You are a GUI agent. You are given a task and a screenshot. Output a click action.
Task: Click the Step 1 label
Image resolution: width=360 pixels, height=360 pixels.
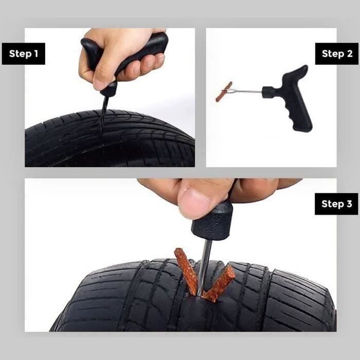(x=24, y=53)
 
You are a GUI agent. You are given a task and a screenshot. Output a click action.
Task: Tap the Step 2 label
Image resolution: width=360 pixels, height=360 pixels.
(x=337, y=53)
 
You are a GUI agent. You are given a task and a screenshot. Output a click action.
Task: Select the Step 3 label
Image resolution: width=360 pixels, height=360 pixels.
(x=336, y=204)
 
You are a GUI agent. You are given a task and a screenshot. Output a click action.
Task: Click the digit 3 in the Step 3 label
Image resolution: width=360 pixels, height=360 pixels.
(x=349, y=204)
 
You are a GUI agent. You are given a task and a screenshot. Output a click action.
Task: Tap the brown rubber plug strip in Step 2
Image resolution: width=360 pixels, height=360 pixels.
(x=224, y=92)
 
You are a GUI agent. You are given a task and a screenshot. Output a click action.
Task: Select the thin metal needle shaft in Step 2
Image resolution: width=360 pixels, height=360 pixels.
(x=246, y=92)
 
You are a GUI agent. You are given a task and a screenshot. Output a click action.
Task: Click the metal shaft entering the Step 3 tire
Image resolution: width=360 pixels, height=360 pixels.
(x=205, y=266)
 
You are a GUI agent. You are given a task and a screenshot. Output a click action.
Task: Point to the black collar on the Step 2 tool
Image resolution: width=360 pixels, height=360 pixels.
(x=268, y=92)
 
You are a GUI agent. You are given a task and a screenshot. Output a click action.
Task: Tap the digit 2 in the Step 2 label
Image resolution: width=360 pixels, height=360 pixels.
(x=350, y=53)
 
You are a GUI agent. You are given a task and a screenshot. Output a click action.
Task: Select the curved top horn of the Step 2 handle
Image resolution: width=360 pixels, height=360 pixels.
(x=297, y=71)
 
